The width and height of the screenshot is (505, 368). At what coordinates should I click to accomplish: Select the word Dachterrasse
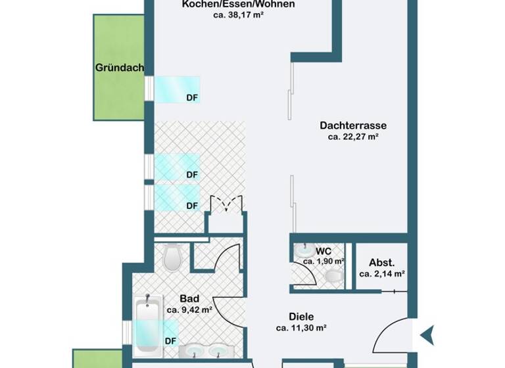coord(353,125)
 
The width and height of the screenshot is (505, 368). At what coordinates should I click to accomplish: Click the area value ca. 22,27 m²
coord(353,137)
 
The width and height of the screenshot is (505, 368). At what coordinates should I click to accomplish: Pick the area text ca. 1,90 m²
coord(324,262)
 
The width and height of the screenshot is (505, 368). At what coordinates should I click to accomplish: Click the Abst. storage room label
coord(381,262)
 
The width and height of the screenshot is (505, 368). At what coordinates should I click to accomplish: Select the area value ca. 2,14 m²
coord(381,274)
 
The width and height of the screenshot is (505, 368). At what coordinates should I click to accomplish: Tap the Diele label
coord(301,315)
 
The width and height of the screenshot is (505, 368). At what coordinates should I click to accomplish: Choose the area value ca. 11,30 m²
coord(301,327)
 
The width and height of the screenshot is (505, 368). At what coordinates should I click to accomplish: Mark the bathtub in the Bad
coord(147,325)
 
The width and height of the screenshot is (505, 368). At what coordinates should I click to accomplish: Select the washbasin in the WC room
coord(303,250)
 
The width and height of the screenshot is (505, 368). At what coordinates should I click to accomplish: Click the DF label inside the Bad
coord(170,340)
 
